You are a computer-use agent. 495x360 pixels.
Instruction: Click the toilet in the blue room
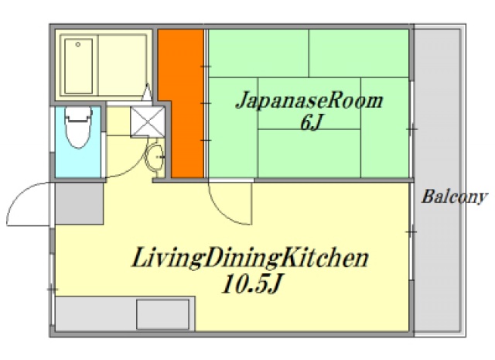pyautogui.click(x=77, y=132)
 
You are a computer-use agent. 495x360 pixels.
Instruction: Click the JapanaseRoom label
pyautogui.click(x=309, y=101)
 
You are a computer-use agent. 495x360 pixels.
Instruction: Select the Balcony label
pyautogui.click(x=454, y=197)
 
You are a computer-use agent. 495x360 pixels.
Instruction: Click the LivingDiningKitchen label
pyautogui.click(x=247, y=258)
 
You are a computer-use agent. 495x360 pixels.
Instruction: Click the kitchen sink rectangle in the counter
pyautogui.click(x=162, y=314)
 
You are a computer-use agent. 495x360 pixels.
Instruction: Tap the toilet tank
pyautogui.click(x=77, y=115)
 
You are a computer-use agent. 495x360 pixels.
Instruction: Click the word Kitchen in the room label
pyautogui.click(x=323, y=258)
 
